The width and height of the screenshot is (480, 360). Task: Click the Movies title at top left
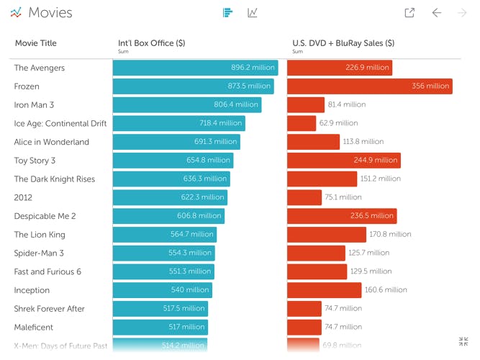[50, 13]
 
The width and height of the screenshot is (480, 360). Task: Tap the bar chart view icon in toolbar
[227, 13]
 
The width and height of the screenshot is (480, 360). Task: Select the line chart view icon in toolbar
[252, 13]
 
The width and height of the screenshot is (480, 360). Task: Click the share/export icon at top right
[409, 13]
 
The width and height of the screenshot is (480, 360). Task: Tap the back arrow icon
[436, 13]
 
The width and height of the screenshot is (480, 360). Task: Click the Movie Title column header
[35, 43]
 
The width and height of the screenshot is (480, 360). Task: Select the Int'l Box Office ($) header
[151, 43]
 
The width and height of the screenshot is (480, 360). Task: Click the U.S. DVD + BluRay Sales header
[343, 43]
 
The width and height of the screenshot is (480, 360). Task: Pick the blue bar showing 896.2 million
[195, 68]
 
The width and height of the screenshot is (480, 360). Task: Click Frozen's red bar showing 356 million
[369, 86]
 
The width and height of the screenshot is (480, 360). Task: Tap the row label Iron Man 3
[34, 105]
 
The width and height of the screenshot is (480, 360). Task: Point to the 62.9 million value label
[338, 124]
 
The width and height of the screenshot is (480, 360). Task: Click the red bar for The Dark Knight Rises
[322, 179]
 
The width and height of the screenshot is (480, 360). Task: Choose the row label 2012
[23, 197]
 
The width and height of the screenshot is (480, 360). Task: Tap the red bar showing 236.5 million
[342, 216]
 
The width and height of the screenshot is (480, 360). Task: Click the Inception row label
[32, 290]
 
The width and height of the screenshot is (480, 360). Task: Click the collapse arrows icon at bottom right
[463, 341]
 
